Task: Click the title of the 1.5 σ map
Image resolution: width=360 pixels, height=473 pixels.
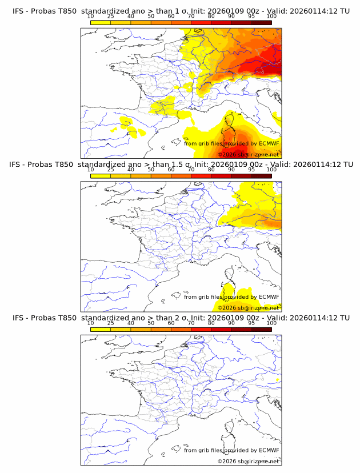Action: (181, 165)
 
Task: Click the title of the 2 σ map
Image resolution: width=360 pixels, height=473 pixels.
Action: (181, 318)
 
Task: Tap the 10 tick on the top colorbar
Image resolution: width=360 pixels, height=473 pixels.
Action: (91, 17)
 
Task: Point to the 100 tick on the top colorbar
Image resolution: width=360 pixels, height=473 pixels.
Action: (271, 17)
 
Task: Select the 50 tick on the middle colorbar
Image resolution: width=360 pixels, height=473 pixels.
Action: (151, 170)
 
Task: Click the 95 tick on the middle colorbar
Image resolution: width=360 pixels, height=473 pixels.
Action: (251, 170)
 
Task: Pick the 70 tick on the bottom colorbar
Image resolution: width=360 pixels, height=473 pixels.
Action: (191, 323)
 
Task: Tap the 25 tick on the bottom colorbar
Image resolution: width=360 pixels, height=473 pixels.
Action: (111, 323)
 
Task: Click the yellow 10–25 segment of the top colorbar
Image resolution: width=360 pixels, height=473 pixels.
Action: (101, 22)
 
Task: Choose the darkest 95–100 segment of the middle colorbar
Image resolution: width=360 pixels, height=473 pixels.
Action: (261, 175)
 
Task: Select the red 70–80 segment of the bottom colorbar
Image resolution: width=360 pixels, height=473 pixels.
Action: (201, 328)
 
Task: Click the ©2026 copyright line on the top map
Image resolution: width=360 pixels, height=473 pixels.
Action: (249, 154)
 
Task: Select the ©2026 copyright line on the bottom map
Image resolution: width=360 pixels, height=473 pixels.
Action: (249, 461)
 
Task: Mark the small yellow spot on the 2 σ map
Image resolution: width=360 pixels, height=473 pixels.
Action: (277, 379)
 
